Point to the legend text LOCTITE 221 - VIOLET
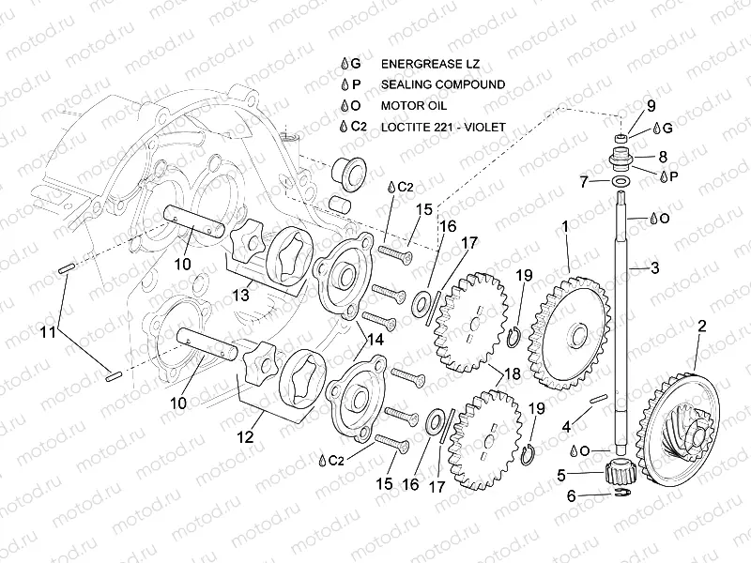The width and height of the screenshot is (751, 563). click(x=443, y=126)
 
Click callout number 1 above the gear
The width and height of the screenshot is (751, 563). click(x=564, y=226)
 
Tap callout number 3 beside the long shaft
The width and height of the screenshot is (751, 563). click(x=654, y=268)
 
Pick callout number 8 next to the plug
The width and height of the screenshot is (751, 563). click(x=663, y=157)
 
